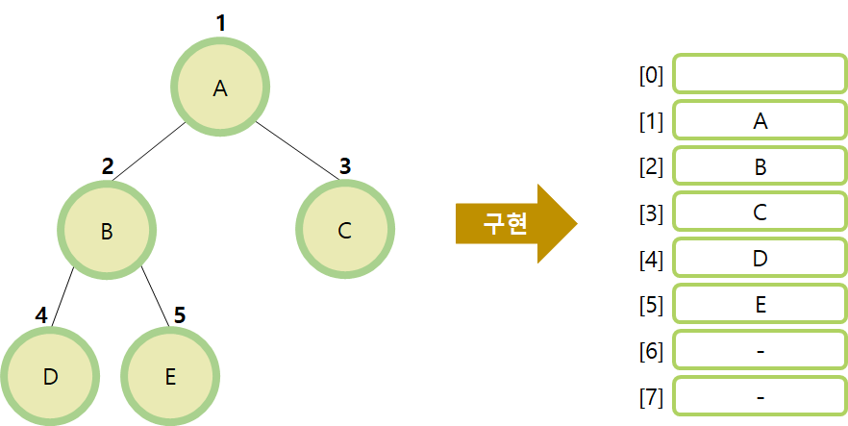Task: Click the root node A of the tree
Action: [220, 88]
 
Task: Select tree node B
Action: [107, 231]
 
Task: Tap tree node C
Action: [345, 231]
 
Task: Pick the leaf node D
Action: [50, 376]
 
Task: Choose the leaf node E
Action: [170, 376]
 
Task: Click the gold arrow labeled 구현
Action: [514, 224]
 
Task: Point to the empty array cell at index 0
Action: [760, 74]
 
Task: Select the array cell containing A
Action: [760, 121]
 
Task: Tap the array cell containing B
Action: [760, 167]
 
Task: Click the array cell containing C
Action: [760, 213]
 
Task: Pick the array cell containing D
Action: [760, 259]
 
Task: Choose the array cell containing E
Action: [760, 305]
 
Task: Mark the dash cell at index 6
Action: [760, 351]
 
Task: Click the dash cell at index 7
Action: [760, 396]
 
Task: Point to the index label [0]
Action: [652, 75]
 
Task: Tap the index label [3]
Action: [652, 213]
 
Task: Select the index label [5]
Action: [652, 306]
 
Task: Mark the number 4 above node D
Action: [41, 315]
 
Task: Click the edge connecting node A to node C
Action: [298, 149]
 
